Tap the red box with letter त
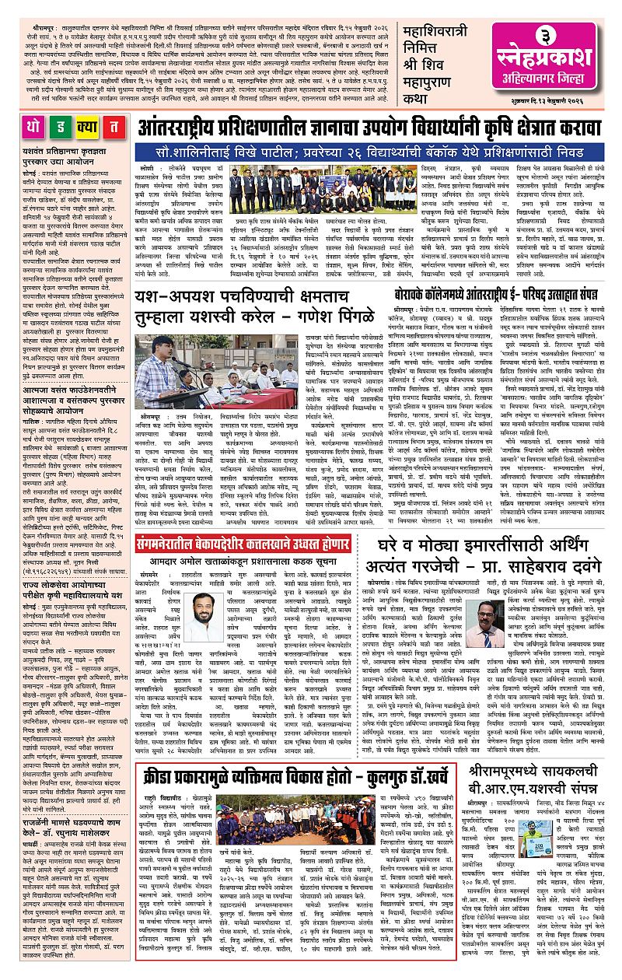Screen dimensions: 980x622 tap(114, 128)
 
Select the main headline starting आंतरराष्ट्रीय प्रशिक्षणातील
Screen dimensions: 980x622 tap(372, 129)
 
